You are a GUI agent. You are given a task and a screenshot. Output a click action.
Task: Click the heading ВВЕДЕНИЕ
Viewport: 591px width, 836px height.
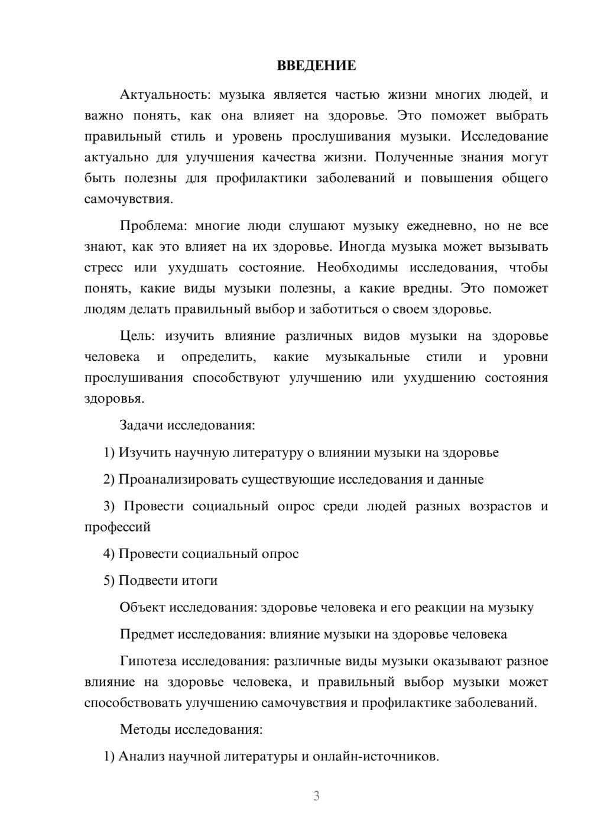(x=317, y=66)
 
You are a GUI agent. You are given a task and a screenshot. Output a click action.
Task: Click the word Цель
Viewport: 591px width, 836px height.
(x=137, y=336)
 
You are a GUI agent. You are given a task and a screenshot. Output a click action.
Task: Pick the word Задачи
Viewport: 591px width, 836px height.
(x=142, y=425)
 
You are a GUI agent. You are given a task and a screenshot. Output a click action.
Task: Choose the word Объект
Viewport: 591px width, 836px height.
(x=142, y=607)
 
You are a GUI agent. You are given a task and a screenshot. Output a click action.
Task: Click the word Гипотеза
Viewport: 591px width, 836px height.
(x=148, y=661)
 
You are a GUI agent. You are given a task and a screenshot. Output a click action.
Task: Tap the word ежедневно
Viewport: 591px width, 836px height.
(x=440, y=226)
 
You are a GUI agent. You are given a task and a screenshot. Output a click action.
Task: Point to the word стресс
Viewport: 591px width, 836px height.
(x=103, y=267)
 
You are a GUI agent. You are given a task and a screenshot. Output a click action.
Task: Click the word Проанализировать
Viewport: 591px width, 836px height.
(x=178, y=479)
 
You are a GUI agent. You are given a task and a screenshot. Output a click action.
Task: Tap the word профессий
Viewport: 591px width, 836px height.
(x=118, y=527)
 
